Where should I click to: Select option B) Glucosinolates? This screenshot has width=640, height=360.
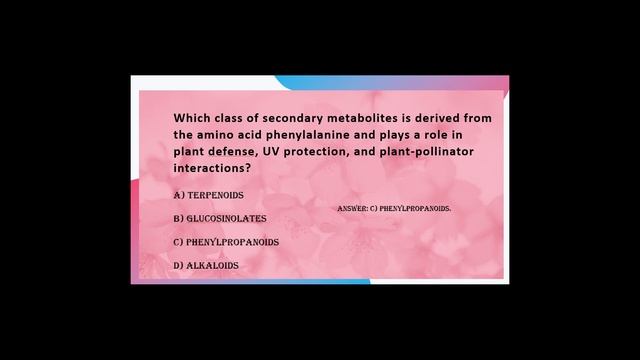point(219,218)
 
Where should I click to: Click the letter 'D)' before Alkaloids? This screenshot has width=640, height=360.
point(178,266)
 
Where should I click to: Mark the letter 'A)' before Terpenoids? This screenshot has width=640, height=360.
point(178,194)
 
